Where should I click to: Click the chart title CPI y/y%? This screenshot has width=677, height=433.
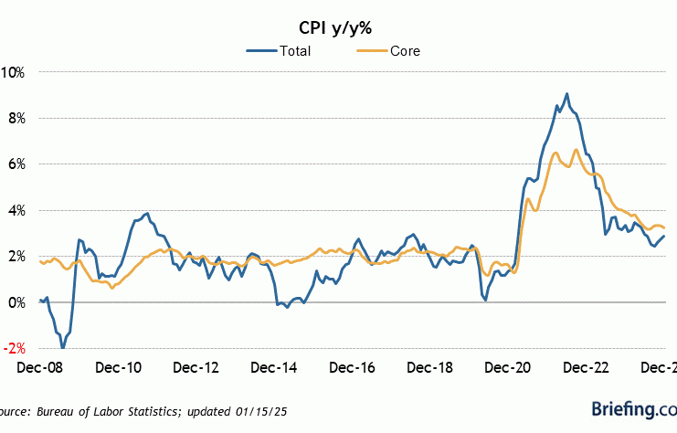338,25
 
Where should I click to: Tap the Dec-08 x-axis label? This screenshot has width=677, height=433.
39,368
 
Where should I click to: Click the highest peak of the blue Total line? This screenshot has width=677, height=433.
566,93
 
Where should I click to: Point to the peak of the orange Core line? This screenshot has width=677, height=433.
576,150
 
